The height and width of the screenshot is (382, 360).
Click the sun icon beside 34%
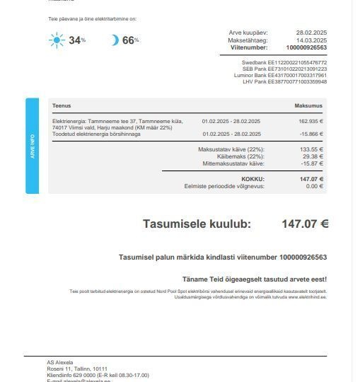click(x=57, y=40)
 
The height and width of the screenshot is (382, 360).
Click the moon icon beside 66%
click(x=115, y=40)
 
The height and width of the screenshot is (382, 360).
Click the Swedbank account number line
click(x=284, y=62)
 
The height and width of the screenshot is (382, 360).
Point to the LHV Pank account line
click(x=284, y=81)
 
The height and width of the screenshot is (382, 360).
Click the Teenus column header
click(x=62, y=105)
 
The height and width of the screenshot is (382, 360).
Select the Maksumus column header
click(x=308, y=105)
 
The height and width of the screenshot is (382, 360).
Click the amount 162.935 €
click(x=310, y=121)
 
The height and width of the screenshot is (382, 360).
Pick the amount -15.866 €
click(x=311, y=134)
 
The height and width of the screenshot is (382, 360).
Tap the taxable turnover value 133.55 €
click(x=312, y=149)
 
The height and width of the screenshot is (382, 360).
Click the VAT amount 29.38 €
click(x=313, y=156)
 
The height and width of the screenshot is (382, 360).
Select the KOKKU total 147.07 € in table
click(x=311, y=179)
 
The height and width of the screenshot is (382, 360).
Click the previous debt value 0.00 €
click(x=315, y=186)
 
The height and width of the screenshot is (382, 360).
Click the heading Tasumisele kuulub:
click(x=197, y=224)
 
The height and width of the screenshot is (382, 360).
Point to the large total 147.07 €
click(x=305, y=224)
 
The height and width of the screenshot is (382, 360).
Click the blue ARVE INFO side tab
click(x=32, y=145)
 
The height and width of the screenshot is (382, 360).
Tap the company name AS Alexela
click(x=60, y=362)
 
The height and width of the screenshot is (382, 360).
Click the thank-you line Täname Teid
click(x=254, y=279)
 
